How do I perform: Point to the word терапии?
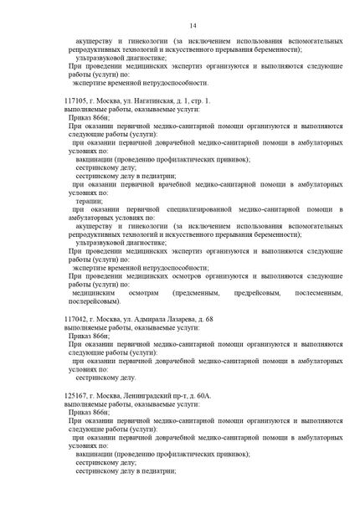pyautogui.click(x=89, y=201)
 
